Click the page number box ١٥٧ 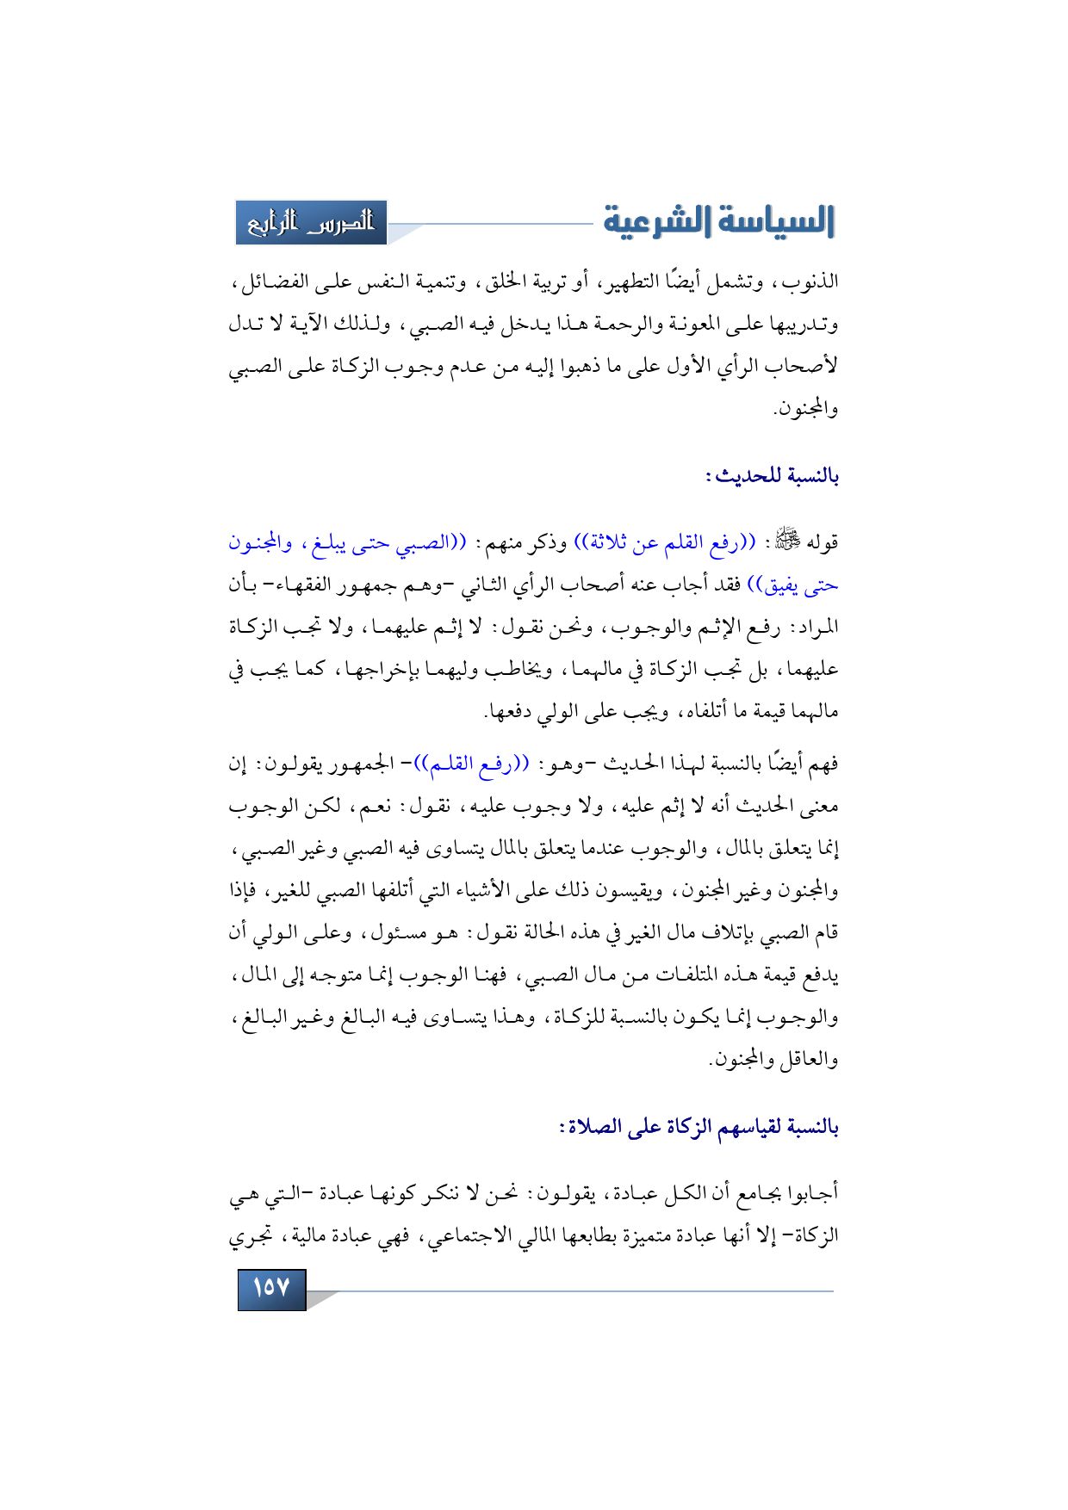point(271,1288)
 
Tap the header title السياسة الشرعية point(718,221)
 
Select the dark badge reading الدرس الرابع point(311,223)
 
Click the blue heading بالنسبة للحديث point(773,475)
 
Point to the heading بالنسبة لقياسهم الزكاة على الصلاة point(699,1126)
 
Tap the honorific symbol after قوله point(786,541)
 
